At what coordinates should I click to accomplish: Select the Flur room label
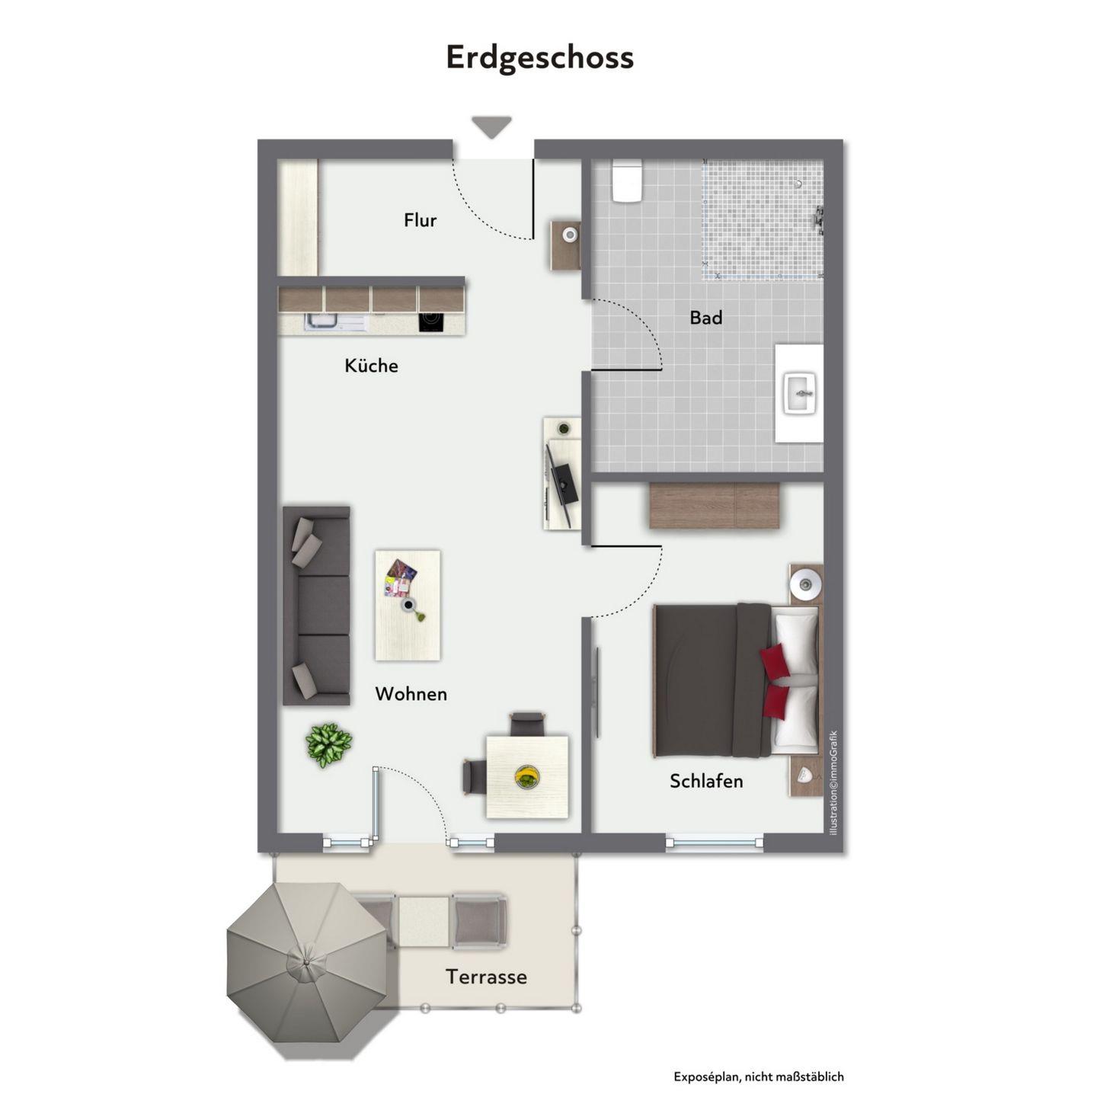tap(420, 219)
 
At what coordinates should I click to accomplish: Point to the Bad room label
tap(706, 317)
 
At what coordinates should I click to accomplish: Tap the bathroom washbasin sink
tap(801, 393)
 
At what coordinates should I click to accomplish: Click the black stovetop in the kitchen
tap(431, 322)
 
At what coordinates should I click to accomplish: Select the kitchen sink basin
tap(322, 322)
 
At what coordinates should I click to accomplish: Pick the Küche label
tap(371, 365)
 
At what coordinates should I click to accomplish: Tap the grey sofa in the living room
tap(316, 606)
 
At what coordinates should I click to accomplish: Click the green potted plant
tap(328, 744)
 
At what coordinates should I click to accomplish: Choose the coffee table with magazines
tap(407, 605)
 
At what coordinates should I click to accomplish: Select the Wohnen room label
tap(411, 693)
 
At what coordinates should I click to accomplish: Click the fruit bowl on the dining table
tap(527, 776)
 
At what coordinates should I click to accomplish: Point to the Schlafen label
tap(706, 781)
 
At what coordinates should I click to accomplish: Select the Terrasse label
tap(486, 977)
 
